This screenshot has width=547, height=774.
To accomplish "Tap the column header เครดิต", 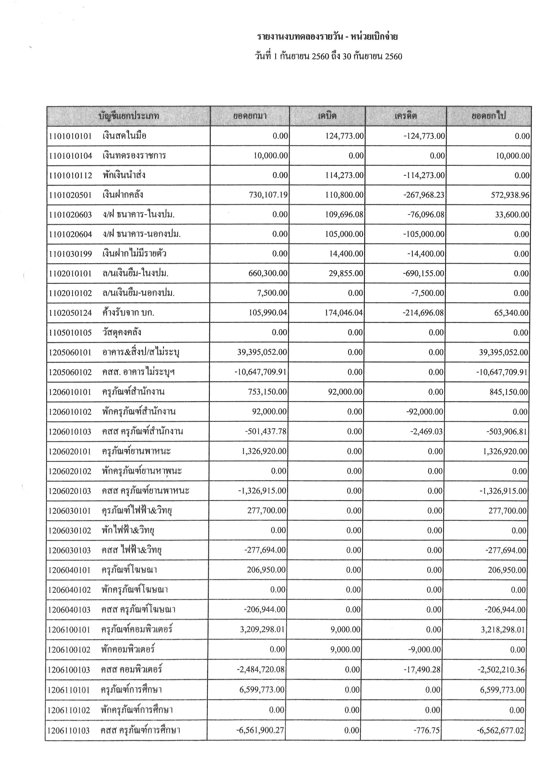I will [406, 116].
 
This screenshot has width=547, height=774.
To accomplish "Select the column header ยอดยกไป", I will [488, 116].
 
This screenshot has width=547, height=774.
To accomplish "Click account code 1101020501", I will [70, 195].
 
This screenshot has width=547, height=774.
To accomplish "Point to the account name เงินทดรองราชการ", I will [134, 156].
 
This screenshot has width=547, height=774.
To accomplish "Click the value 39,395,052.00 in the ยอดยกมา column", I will [262, 352].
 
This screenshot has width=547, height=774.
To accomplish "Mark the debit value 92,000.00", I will [345, 392].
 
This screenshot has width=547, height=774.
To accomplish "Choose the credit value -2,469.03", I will [426, 431].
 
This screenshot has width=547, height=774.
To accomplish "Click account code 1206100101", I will [69, 630].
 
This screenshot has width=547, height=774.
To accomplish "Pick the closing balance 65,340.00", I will [512, 313].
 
